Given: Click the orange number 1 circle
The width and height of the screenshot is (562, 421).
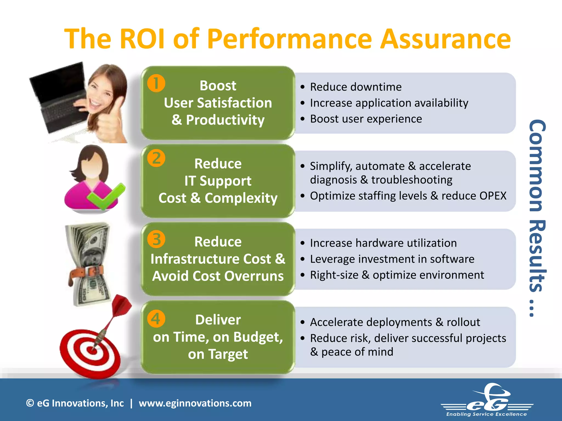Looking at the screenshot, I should click(156, 83).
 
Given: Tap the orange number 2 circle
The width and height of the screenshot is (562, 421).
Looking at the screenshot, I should click(156, 158).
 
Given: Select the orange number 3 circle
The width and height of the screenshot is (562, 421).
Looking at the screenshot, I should click(156, 239).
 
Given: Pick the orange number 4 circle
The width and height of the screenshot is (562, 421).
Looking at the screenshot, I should click(156, 319).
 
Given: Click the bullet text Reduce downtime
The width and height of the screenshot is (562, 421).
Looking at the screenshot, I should click(356, 87).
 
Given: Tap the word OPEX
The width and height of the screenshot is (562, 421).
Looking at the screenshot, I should click(493, 196).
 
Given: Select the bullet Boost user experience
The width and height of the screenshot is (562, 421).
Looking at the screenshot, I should click(366, 119).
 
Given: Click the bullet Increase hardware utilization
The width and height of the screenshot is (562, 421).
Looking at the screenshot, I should click(383, 243).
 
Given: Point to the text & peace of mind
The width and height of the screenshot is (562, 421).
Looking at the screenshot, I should click(352, 352).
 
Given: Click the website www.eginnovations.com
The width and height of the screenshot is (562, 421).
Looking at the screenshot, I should click(195, 403).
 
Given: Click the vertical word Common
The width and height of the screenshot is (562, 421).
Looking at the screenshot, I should click(536, 166).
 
